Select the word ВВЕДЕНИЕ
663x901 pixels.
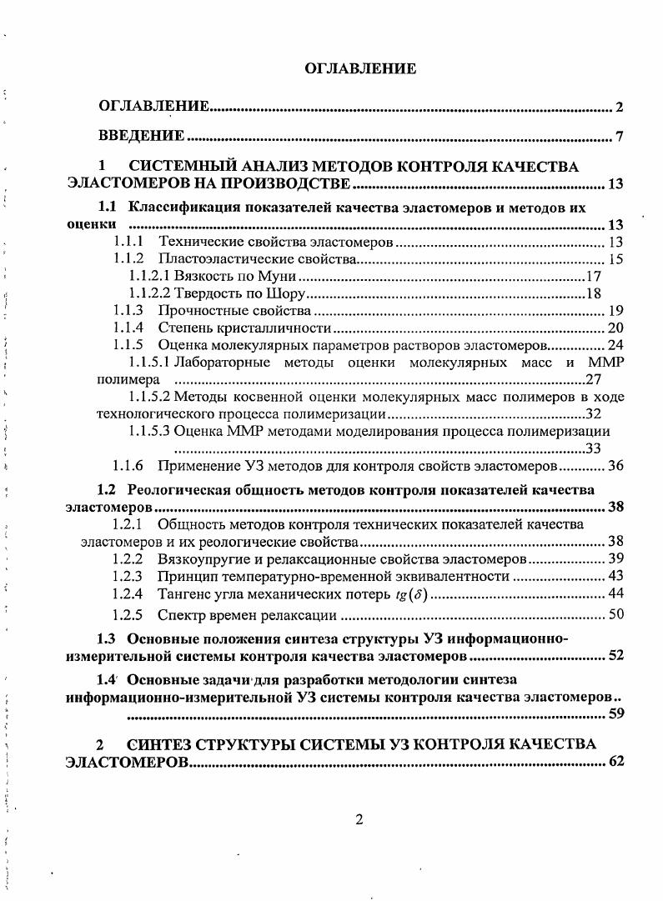[x=141, y=136]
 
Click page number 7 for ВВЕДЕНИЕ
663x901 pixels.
[x=620, y=137]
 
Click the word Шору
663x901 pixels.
[x=287, y=293]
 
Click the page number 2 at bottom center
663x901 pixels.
[x=359, y=818]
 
